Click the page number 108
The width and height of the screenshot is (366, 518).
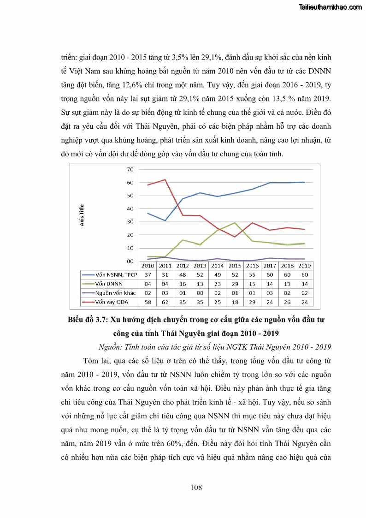click(196, 488)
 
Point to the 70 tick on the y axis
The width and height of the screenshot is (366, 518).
click(130, 170)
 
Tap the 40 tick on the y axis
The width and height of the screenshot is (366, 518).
click(130, 209)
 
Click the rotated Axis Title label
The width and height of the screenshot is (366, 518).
click(82, 215)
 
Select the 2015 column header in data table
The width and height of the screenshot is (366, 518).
click(235, 266)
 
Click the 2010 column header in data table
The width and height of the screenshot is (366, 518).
click(148, 266)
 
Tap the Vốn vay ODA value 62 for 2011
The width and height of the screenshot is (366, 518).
click(165, 302)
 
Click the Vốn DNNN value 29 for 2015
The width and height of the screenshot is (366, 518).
click(235, 284)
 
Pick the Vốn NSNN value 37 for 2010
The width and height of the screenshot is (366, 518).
click(148, 275)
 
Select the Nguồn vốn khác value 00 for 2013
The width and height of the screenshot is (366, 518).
click(200, 293)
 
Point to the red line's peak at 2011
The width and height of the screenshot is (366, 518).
click(165, 179)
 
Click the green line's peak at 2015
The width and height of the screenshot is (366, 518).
click(235, 223)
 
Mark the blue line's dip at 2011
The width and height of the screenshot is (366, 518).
click(165, 220)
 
